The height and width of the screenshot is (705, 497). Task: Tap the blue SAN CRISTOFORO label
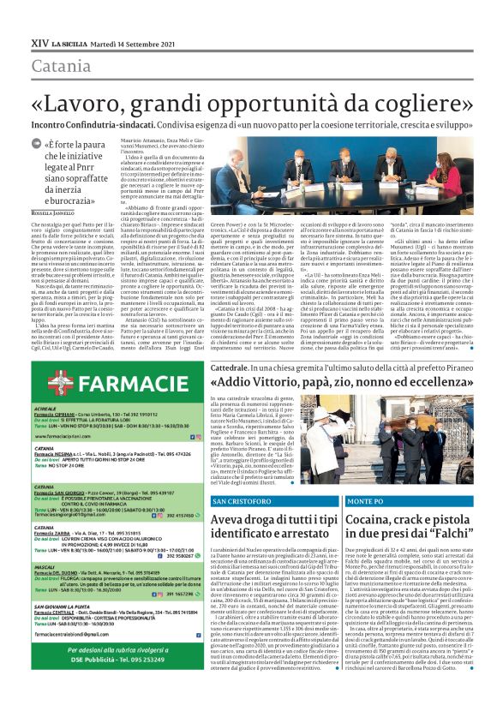(243, 500)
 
